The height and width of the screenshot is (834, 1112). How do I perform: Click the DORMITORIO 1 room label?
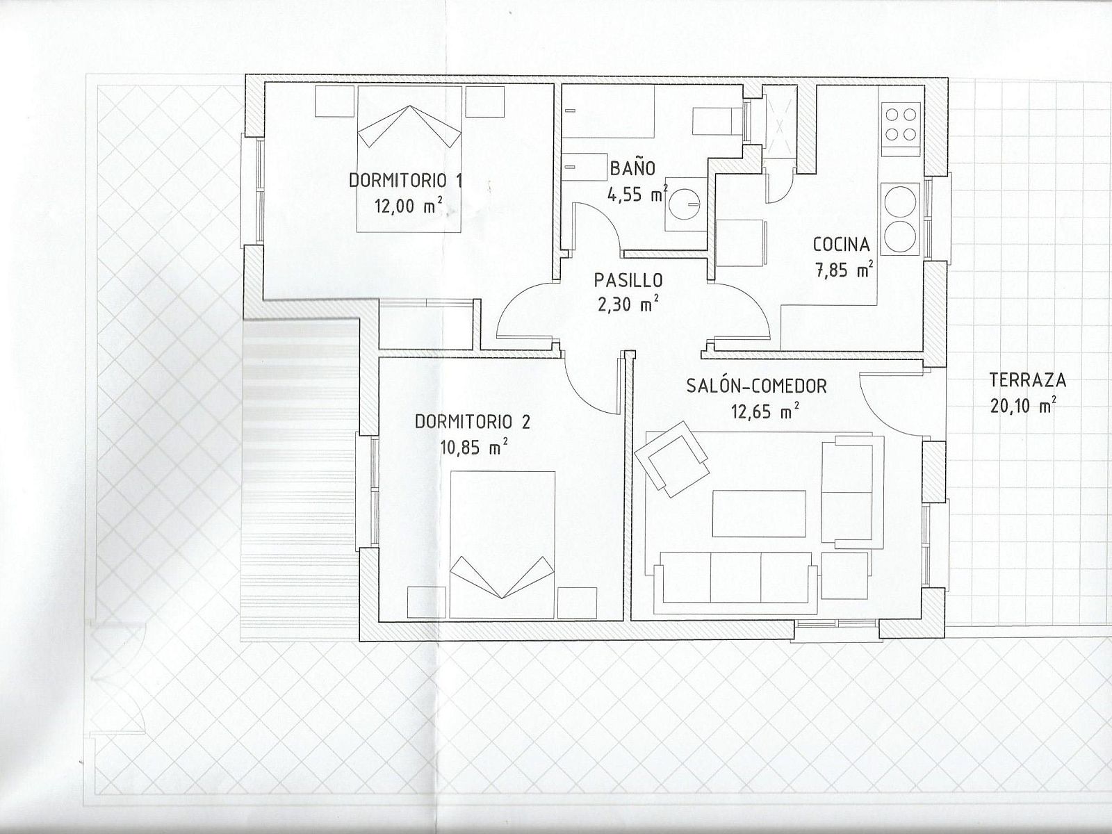pos(406,181)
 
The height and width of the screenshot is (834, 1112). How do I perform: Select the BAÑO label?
pos(632,167)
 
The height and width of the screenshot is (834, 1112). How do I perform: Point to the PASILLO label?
pos(628,280)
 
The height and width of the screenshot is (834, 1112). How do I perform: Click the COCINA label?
pos(842,245)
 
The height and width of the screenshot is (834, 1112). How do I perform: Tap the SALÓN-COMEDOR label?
pos(756,386)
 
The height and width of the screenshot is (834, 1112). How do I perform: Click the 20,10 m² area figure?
pos(1024,406)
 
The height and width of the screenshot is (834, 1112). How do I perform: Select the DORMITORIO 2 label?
pos(472,422)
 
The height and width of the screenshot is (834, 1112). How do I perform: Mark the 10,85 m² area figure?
pos(475,447)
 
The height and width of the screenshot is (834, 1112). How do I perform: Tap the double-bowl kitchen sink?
pos(901,219)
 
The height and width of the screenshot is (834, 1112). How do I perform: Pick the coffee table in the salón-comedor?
pos(759,514)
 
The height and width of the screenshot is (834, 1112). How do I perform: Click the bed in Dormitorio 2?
pos(502,545)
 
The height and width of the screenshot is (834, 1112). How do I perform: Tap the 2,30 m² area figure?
pos(629,305)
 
